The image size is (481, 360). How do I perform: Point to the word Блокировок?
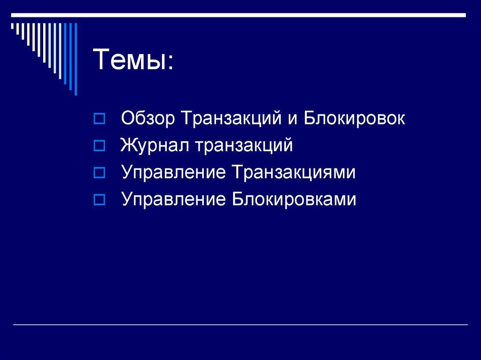[353, 118]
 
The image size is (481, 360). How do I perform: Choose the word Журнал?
[153, 146]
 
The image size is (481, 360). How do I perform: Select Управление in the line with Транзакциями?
[172, 173]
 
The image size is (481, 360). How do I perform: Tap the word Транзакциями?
[292, 173]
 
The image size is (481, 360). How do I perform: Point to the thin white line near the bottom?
[240, 325]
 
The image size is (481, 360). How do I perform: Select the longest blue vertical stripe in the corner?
[75, 59]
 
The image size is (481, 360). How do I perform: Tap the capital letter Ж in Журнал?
[127, 146]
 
